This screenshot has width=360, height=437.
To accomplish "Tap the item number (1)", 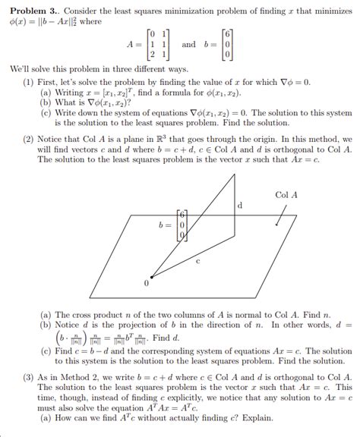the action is (28, 80).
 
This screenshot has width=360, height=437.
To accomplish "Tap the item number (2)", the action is (28, 141).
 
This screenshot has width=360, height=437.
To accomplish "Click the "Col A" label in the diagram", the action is (286, 195).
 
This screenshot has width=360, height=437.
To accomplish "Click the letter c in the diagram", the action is (198, 261).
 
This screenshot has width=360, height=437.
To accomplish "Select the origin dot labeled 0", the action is (151, 277).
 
